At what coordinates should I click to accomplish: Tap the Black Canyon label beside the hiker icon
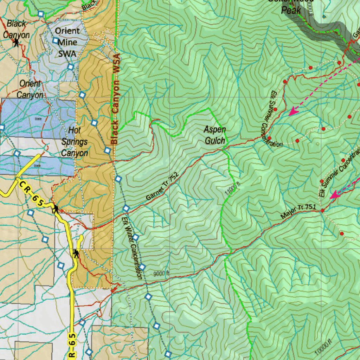point(16,30)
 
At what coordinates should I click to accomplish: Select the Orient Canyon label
point(30,89)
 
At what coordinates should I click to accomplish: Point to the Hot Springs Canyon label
point(75,141)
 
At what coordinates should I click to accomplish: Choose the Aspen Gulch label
point(214,135)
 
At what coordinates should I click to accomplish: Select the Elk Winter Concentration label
point(132,248)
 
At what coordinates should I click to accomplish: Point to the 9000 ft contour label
point(161,273)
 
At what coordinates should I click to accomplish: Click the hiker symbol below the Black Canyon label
point(16,43)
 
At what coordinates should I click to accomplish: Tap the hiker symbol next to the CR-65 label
point(56,210)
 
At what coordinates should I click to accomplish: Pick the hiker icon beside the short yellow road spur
point(76,253)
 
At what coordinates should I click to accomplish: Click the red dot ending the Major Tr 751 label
point(323,211)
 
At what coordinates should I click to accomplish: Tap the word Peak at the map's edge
point(291,10)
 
